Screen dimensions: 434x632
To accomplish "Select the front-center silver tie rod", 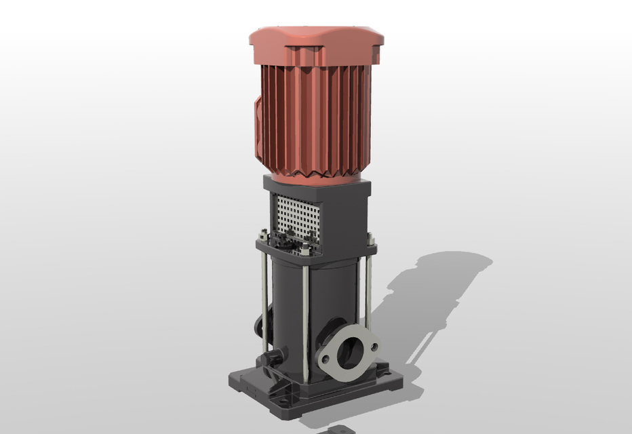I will click(306, 319).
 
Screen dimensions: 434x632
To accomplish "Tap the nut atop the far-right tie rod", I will click(371, 238).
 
